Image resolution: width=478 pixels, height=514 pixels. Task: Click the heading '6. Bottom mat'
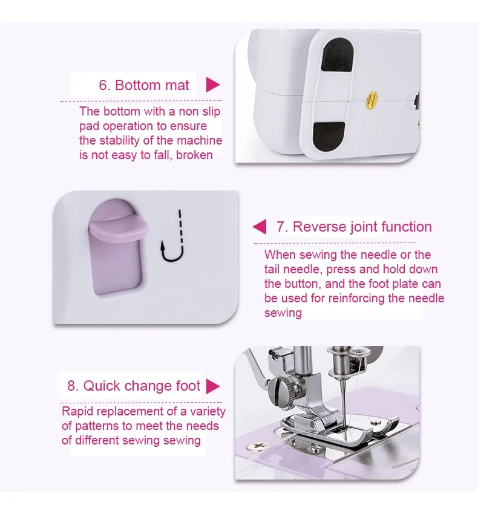[x=144, y=85]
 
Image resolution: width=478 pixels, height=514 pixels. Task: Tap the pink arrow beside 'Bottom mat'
[x=212, y=85]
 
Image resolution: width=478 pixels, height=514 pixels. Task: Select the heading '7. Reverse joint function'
[x=354, y=227]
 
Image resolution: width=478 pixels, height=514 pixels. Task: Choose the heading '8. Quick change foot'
[x=133, y=386]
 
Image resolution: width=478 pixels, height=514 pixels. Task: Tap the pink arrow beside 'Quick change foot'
[x=212, y=386]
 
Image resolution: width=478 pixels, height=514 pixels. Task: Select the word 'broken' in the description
[x=194, y=155]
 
